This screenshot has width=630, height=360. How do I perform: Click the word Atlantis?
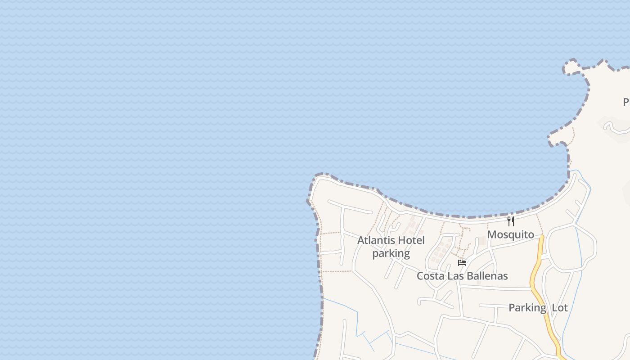tap(375, 240)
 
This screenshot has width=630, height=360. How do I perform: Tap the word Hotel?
tap(410, 240)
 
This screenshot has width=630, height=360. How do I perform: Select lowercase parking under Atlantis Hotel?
tap(391, 253)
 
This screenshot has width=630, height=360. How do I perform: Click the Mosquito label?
tap(510, 234)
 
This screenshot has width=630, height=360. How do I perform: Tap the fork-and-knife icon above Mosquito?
tap(511, 221)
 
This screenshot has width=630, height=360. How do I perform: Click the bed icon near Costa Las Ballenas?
tap(462, 262)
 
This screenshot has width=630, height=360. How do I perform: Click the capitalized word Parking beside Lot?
tap(527, 308)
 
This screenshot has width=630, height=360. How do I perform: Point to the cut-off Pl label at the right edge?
tap(626, 102)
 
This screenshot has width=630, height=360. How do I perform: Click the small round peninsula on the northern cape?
tap(571, 67)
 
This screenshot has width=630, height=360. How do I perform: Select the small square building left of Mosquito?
tap(482, 241)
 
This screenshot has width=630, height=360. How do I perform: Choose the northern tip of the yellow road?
tap(541, 237)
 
